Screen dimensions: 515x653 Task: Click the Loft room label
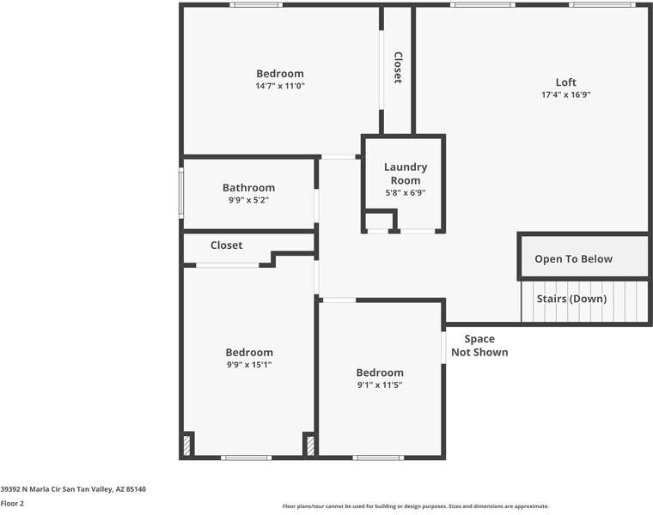point(565,82)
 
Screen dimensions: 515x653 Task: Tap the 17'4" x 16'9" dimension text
point(565,94)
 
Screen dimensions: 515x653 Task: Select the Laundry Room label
point(406,173)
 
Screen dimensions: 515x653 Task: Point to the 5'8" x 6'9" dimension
point(406,192)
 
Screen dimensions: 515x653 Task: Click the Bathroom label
point(248,188)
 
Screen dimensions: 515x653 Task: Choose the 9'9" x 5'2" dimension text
point(248,200)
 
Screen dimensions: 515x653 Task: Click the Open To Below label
point(573,259)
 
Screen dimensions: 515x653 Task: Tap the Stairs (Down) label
point(571,299)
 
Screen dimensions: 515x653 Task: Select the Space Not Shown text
point(479,345)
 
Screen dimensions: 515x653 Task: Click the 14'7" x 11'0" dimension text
point(279,86)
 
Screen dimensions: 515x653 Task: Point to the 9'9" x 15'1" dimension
point(249,364)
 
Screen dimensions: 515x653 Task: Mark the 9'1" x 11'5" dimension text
point(380,385)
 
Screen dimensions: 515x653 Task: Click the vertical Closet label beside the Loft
point(398,68)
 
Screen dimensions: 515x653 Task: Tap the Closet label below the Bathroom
point(227,245)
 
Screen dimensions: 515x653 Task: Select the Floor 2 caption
point(12,504)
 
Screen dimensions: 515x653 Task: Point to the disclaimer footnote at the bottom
point(415,506)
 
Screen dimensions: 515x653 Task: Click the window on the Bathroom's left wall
point(181,193)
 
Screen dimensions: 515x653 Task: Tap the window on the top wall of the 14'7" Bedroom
point(257,5)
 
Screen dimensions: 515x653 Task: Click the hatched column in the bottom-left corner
point(188,445)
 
